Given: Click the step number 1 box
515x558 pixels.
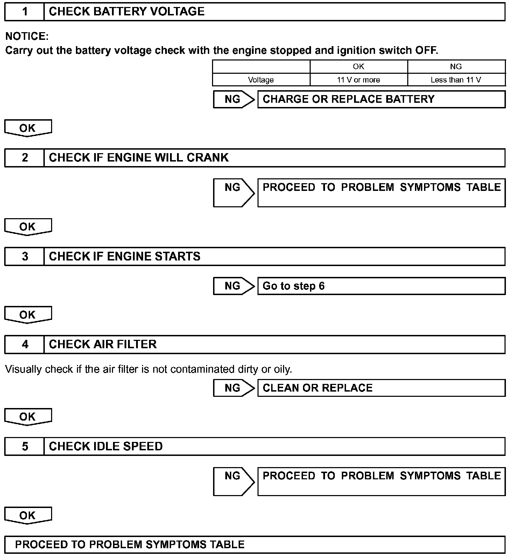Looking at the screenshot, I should (x=24, y=12).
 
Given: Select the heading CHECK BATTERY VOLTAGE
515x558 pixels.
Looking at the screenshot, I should (x=127, y=12).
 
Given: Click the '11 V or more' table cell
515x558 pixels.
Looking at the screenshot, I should (x=358, y=80).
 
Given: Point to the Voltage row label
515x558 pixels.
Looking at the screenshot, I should (x=261, y=80).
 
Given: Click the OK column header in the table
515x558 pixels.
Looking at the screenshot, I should (x=358, y=66).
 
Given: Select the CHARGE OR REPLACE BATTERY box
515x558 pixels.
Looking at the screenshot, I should (x=381, y=99).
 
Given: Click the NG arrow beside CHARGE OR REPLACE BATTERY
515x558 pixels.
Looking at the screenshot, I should (x=234, y=99).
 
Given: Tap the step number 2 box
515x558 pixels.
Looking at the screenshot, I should (x=24, y=158).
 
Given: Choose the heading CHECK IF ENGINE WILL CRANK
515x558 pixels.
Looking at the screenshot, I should (x=139, y=158).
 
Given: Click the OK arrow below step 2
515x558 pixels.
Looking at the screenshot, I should (x=28, y=227).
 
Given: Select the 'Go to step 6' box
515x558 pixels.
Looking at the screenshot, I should (x=381, y=286).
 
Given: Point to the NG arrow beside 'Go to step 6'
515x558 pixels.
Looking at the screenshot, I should (x=234, y=286).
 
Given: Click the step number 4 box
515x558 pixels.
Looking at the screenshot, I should (x=24, y=344).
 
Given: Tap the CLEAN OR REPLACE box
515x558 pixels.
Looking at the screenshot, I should (x=381, y=388).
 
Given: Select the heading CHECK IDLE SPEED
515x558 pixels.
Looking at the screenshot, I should (x=106, y=446).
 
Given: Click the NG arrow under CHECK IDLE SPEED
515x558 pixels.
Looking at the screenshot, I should (x=234, y=481).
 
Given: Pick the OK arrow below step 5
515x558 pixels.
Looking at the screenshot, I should (x=28, y=515).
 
